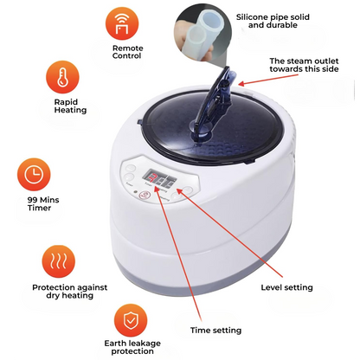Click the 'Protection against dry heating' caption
click(x=62, y=292)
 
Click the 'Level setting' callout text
click(x=286, y=286)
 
